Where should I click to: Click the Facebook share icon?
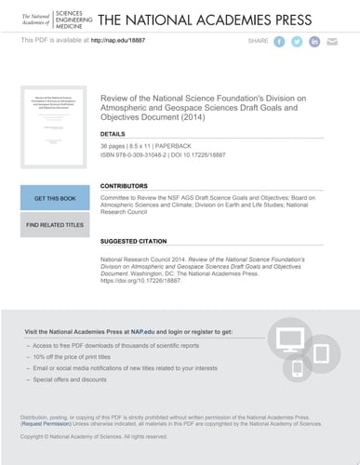point(278,42)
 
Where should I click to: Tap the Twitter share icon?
point(297,42)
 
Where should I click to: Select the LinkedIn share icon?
point(314,42)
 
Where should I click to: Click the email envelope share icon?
point(333,42)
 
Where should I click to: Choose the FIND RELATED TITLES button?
point(55,225)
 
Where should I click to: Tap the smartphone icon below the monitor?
point(298,368)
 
